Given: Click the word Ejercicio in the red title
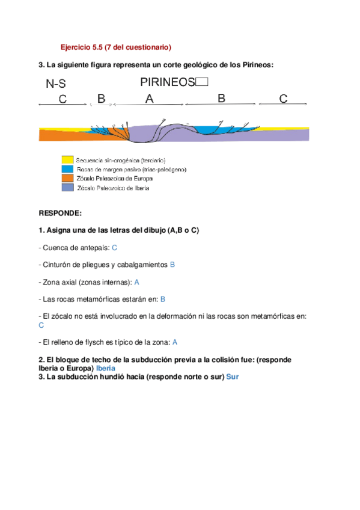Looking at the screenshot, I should pyautogui.click(x=77, y=47).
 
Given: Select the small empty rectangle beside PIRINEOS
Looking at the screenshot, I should pyautogui.click(x=202, y=82).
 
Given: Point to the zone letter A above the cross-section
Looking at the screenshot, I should pyautogui.click(x=150, y=99).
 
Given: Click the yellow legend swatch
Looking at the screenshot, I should pyautogui.click(x=67, y=160).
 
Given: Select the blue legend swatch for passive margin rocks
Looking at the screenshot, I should pyautogui.click(x=67, y=170).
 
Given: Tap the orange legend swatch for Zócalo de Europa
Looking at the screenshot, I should pyautogui.click(x=67, y=179).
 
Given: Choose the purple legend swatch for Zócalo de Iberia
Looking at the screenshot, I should pyautogui.click(x=67, y=188).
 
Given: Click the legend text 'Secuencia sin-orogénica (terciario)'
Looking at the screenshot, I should pyautogui.click(x=120, y=160).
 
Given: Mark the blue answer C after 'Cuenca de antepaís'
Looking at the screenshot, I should pyautogui.click(x=114, y=247).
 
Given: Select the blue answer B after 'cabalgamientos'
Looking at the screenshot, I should pyautogui.click(x=172, y=264).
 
